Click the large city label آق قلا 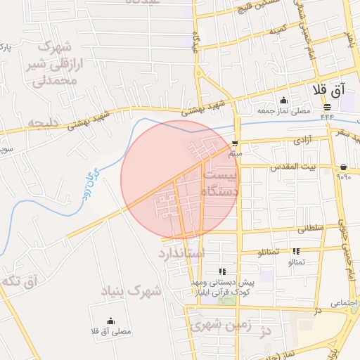pyautogui.click(x=329, y=90)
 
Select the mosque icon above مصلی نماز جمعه pyautogui.click(x=283, y=101)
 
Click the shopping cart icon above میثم pyautogui.click(x=235, y=143)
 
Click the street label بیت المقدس pyautogui.click(x=318, y=167)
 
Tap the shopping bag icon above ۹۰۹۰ pyautogui.click(x=343, y=167)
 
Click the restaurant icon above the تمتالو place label pyautogui.click(x=296, y=251)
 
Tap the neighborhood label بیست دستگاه pyautogui.click(x=220, y=181)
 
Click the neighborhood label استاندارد pyautogui.click(x=181, y=252)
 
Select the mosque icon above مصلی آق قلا pyautogui.click(x=111, y=321)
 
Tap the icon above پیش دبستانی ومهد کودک pyautogui.click(x=222, y=271)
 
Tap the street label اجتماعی pyautogui.click(x=344, y=302)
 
